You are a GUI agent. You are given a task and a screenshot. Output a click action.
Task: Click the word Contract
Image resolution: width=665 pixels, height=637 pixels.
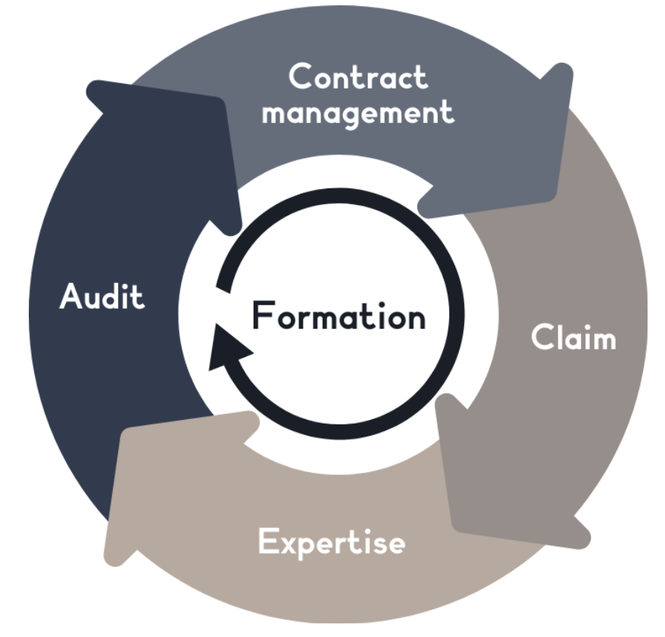[x=358, y=76]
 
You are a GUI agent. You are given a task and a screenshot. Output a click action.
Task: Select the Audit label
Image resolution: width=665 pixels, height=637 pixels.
[x=102, y=296]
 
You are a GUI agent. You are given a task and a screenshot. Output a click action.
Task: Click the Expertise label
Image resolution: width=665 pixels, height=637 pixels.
[x=332, y=542]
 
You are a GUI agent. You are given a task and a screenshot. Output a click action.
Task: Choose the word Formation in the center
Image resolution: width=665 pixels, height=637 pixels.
[x=339, y=315]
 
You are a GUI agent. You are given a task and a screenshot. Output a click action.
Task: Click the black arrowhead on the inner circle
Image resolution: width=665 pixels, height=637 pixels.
[x=228, y=347]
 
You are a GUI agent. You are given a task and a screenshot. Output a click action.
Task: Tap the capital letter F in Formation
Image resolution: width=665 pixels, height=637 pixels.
[x=263, y=315]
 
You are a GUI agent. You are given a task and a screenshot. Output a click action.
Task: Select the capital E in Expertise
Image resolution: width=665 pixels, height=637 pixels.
[x=268, y=540]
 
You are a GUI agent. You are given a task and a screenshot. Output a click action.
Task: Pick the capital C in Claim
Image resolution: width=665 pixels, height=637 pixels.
[x=543, y=337]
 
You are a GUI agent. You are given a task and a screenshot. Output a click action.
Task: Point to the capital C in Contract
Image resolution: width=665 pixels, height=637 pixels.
[x=301, y=76]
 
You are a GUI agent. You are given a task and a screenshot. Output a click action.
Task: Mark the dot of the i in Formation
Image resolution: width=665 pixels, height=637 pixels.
[x=382, y=304]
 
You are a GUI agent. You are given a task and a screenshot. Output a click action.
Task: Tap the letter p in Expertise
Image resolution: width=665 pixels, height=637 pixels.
[x=313, y=547]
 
